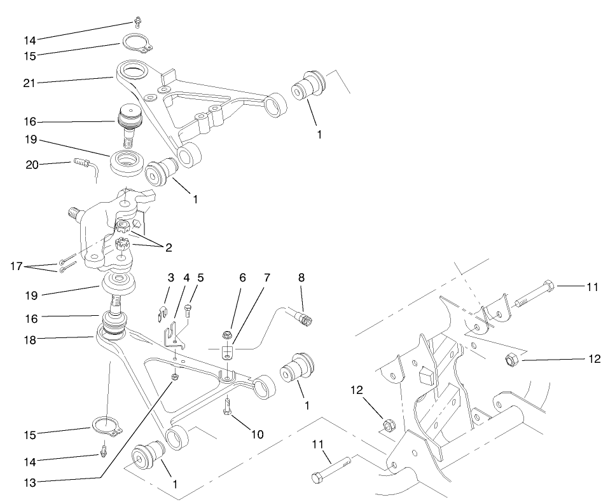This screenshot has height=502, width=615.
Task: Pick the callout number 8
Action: (x=301, y=278)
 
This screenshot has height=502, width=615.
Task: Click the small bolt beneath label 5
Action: (x=188, y=311)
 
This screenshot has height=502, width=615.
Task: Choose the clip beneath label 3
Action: (x=162, y=311)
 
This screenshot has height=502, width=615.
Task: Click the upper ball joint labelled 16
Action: (x=130, y=124)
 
